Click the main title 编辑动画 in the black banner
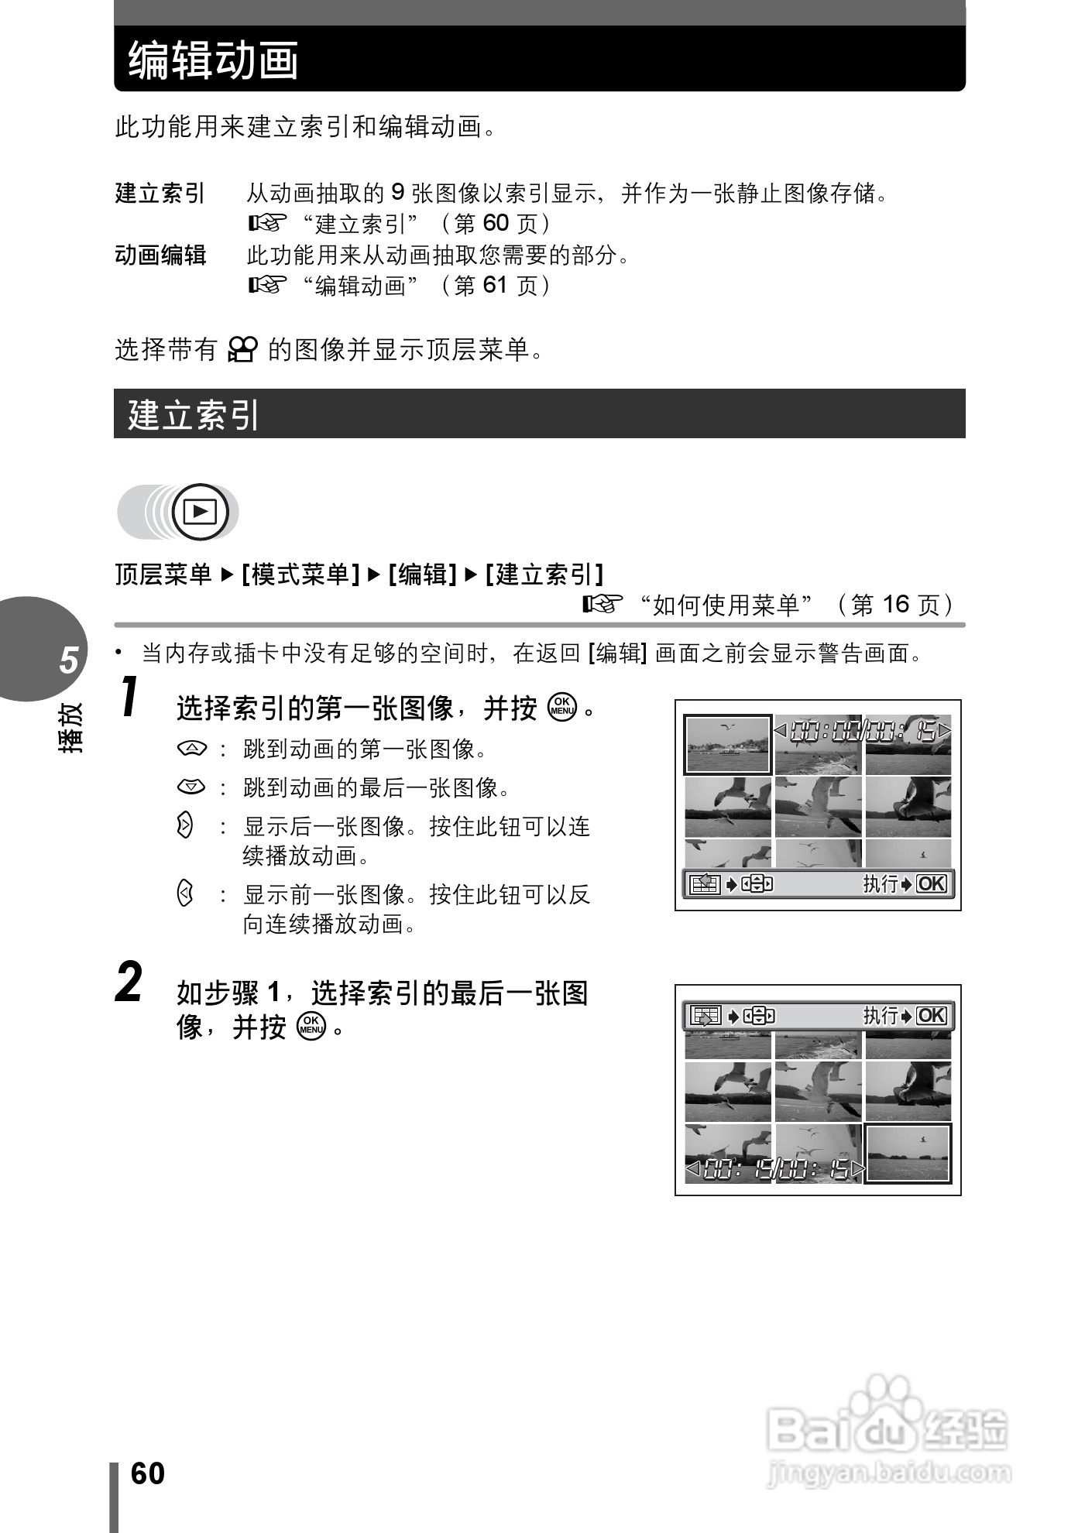(x=214, y=60)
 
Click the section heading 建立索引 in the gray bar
(x=194, y=415)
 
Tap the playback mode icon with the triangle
(x=201, y=512)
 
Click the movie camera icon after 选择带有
(x=243, y=350)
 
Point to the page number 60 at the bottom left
(x=147, y=1473)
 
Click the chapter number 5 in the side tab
(x=69, y=660)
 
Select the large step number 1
(x=131, y=697)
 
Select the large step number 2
(x=129, y=983)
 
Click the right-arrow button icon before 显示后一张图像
(x=184, y=825)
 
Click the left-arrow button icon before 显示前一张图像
(x=184, y=894)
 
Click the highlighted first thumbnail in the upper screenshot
(x=727, y=745)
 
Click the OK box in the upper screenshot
(x=932, y=883)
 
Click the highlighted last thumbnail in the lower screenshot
(x=908, y=1153)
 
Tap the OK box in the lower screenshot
(x=932, y=1015)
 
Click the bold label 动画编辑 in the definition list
(x=160, y=255)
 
